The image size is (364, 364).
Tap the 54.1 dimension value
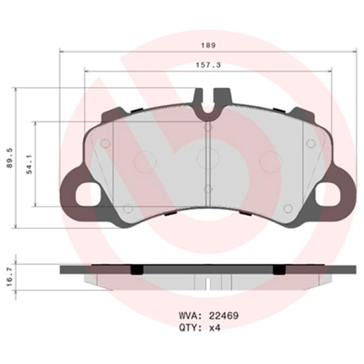28,164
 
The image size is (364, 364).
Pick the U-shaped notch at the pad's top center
208,108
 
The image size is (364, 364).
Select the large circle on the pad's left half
144,161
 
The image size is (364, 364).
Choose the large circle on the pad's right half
270,161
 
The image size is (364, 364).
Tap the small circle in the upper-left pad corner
104,143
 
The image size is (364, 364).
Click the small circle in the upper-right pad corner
311,143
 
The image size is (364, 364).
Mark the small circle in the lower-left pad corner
127,209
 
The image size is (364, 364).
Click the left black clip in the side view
138,269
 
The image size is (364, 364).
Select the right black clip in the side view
278,269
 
